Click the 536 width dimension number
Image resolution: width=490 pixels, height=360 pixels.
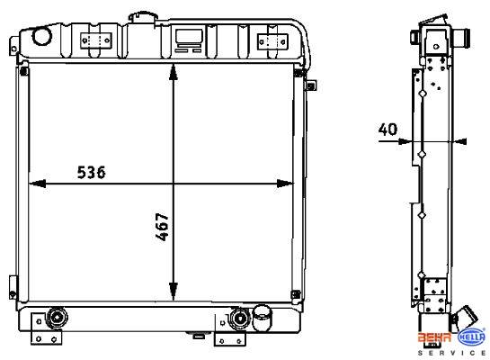(x=91, y=172)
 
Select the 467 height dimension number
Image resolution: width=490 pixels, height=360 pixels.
(x=163, y=227)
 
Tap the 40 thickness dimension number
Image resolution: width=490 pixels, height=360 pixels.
(x=388, y=130)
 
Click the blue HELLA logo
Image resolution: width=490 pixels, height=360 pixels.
(x=471, y=337)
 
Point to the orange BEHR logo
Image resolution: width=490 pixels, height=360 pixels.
(x=434, y=337)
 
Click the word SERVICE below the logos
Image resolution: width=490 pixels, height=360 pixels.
(x=451, y=353)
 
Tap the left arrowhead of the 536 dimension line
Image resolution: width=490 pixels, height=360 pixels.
(x=37, y=184)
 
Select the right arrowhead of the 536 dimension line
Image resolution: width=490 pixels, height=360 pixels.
(x=285, y=184)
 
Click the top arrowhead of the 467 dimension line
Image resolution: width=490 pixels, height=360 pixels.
(x=174, y=73)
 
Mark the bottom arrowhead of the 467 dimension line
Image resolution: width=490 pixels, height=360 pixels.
(x=174, y=292)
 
